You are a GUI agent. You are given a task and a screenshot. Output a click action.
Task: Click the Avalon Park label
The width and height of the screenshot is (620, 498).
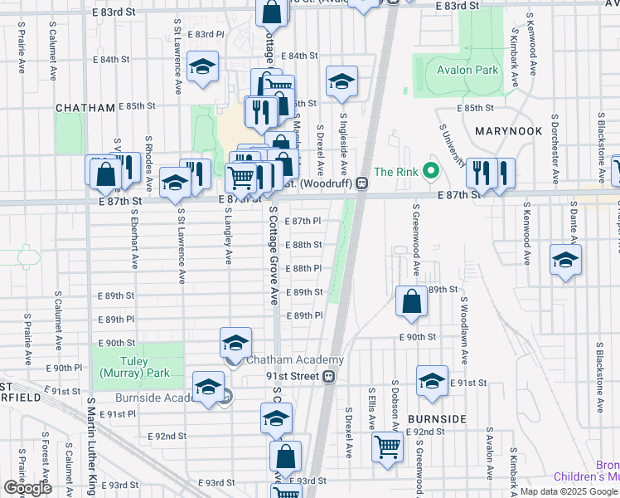tap(463, 70)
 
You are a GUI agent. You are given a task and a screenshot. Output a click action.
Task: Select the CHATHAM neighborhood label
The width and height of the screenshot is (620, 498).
tap(84, 108)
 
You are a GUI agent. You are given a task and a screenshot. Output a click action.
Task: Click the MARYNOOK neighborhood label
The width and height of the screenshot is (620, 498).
tap(509, 131)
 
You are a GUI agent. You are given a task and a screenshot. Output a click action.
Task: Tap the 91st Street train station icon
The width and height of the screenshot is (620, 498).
tap(329, 377)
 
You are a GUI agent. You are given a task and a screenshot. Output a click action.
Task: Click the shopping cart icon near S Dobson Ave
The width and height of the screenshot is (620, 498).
tap(387, 447)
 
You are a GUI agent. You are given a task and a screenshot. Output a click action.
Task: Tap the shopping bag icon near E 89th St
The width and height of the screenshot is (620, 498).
tap(411, 301)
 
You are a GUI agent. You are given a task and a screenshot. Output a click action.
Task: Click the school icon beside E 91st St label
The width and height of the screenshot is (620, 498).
tap(432, 380)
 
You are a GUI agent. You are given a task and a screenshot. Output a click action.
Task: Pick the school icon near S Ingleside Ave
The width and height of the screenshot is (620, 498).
tap(341, 81)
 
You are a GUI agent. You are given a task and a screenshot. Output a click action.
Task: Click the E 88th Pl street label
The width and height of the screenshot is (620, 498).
tap(303, 269)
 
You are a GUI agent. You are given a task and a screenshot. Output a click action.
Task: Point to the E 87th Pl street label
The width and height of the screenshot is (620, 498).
tap(303, 222)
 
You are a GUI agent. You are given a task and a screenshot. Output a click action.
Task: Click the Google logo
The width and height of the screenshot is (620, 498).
tap(28, 488)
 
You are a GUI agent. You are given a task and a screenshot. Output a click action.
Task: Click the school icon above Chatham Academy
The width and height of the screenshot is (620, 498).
tap(235, 342)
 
